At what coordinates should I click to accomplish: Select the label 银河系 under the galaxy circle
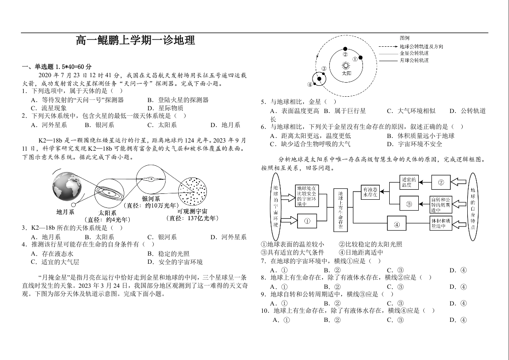tap(151, 199)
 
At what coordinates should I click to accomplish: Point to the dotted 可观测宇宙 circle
tap(193, 192)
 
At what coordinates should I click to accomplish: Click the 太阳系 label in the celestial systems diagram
tap(108, 212)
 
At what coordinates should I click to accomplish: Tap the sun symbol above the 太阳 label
tap(346, 66)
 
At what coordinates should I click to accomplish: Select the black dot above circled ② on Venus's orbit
tap(345, 49)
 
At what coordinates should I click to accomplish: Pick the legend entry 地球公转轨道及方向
tap(421, 47)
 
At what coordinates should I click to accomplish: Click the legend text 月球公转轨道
tap(414, 60)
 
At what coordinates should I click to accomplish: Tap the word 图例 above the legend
tap(405, 38)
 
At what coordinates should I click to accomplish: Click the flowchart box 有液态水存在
tap(370, 192)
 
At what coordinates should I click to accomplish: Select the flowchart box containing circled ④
tap(396, 223)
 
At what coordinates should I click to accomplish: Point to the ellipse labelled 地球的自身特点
tap(473, 202)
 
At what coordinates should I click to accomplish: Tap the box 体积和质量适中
tap(441, 223)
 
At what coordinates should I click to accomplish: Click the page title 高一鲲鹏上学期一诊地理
tap(136, 40)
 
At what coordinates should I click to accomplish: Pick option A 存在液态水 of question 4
tap(52, 254)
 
